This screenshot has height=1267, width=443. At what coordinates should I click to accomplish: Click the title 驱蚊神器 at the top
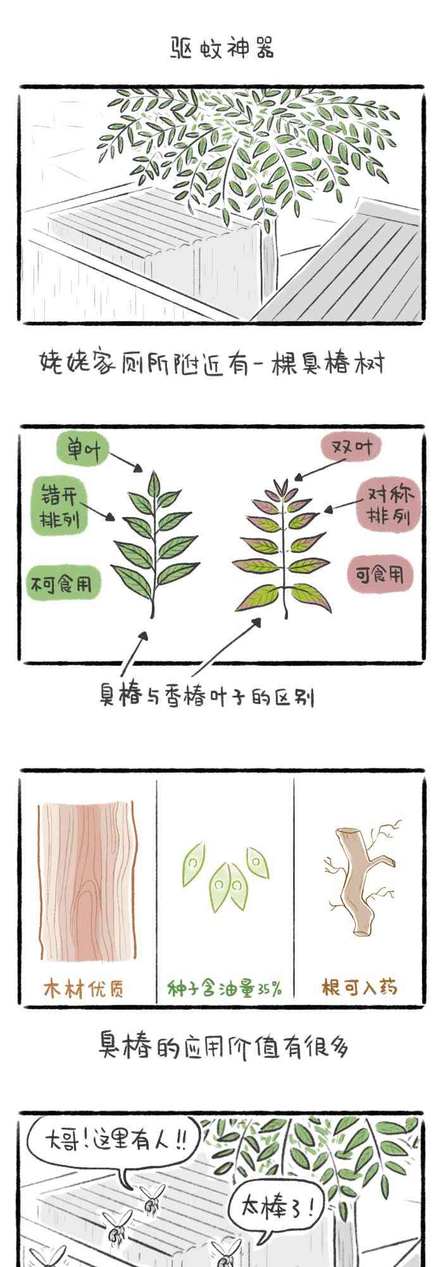click(x=223, y=48)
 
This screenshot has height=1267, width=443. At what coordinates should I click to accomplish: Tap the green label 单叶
click(x=82, y=450)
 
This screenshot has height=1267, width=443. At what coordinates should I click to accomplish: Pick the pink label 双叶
click(x=351, y=448)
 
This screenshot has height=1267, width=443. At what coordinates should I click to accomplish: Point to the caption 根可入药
click(x=359, y=987)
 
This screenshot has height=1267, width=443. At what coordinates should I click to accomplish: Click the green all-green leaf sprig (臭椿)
click(x=152, y=542)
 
